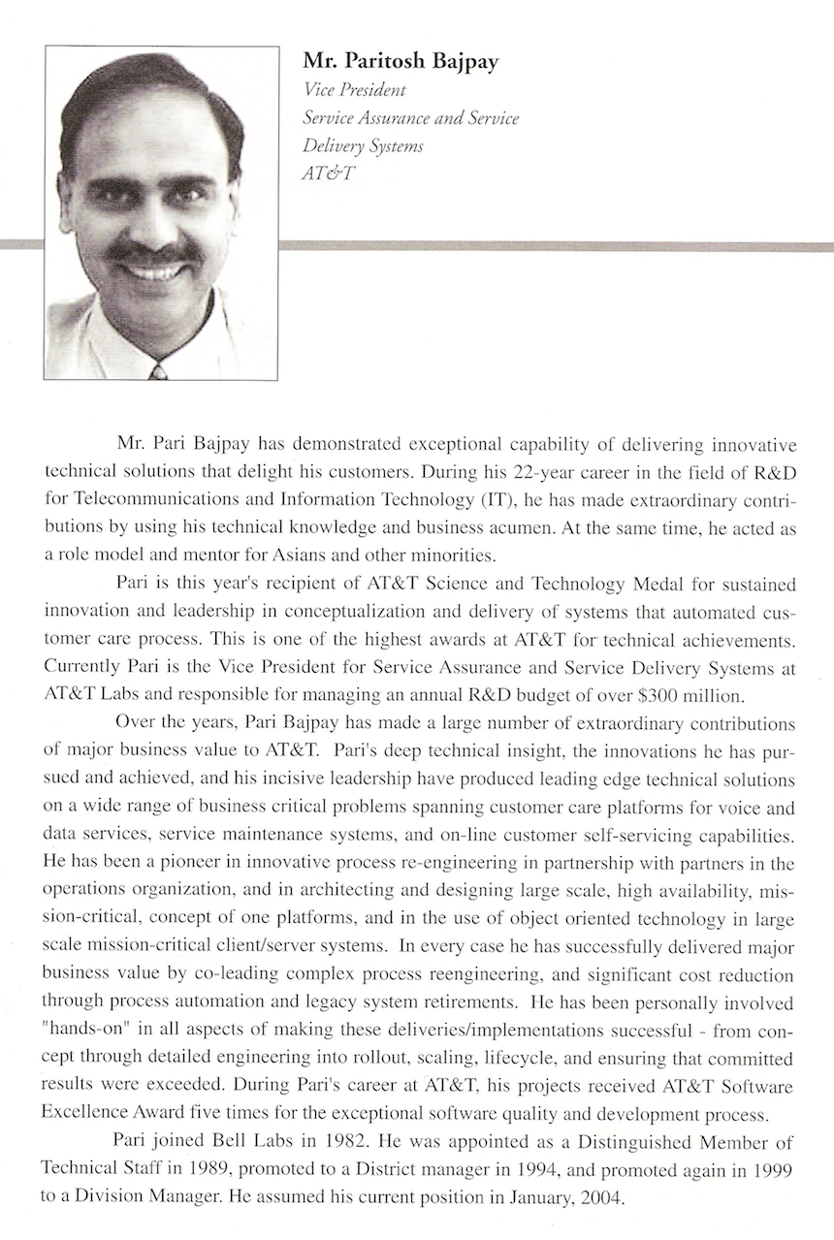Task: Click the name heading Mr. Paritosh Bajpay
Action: pyautogui.click(x=401, y=61)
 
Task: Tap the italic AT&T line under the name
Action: pyautogui.click(x=329, y=174)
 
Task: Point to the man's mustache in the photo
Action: pyautogui.click(x=155, y=254)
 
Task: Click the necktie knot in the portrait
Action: pyautogui.click(x=158, y=370)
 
